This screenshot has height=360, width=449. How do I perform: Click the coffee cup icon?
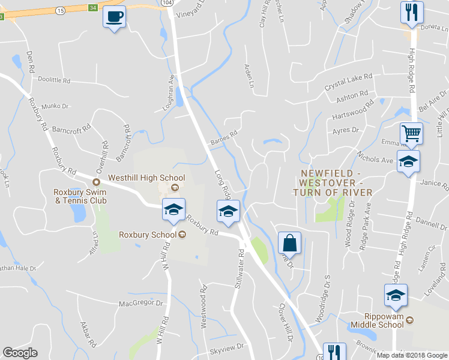click(114, 16)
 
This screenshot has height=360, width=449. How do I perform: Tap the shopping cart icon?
click(411, 133)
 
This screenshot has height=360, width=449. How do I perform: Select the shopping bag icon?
click(289, 243)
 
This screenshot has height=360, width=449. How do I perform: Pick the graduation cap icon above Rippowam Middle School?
click(396, 295)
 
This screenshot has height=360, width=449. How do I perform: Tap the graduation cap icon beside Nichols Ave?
click(408, 162)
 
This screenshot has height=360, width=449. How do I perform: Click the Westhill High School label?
click(146, 178)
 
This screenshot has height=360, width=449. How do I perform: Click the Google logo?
click(20, 353)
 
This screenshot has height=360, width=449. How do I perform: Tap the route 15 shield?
click(61, 11)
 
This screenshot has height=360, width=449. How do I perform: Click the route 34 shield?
click(92, 7)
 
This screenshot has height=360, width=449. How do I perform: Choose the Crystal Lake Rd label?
click(349, 82)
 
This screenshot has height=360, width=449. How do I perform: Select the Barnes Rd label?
click(223, 139)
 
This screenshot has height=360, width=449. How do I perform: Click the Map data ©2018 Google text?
click(412, 355)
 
